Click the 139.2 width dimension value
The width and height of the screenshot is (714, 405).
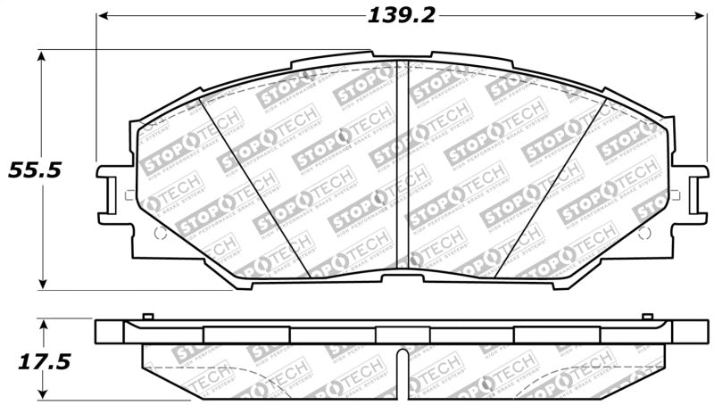(x=401, y=15)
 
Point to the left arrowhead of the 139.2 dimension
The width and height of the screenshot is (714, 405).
(x=102, y=16)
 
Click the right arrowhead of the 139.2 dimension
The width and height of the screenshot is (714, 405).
(x=701, y=16)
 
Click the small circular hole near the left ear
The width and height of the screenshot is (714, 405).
(x=160, y=234)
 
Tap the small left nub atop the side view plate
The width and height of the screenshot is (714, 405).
(x=145, y=318)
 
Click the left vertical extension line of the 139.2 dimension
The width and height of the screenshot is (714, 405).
(x=95, y=89)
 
